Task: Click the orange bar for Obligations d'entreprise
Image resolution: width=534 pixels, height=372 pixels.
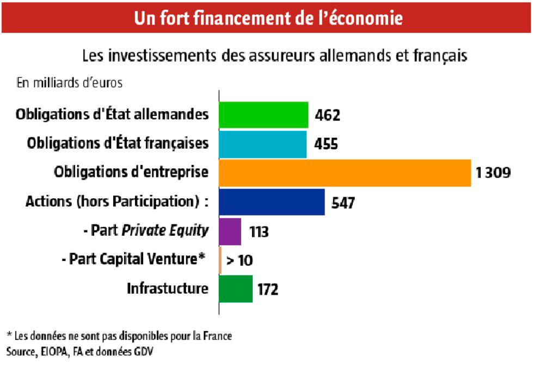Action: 345,173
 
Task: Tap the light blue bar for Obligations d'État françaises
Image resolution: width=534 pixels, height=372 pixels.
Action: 262,144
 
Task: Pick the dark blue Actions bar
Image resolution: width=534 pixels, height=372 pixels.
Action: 272,202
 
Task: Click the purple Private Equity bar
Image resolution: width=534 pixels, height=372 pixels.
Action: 230,231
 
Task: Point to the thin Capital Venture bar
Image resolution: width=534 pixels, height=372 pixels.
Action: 220,260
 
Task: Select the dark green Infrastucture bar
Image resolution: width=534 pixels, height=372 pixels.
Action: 236,289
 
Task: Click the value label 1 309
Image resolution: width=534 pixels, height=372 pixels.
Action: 492,173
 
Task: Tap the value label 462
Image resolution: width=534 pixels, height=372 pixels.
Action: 327,115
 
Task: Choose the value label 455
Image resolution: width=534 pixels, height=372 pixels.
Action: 326,144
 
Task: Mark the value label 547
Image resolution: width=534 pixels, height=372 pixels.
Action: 343,203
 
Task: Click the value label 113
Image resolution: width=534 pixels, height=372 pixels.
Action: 259,231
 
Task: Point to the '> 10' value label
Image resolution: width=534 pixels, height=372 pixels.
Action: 240,260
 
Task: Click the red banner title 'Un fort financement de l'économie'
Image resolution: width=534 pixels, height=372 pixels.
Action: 268,18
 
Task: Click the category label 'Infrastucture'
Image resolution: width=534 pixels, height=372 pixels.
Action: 168,288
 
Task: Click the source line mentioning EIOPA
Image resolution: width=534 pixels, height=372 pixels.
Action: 79,351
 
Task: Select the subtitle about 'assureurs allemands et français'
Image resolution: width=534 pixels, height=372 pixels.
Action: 275,56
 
